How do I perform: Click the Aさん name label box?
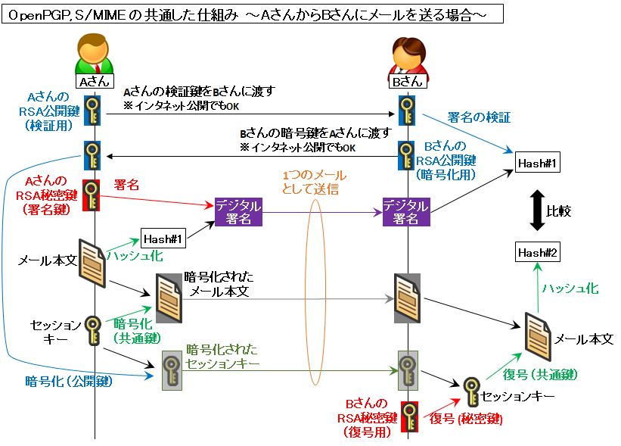click(95, 80)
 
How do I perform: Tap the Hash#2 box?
click(538, 253)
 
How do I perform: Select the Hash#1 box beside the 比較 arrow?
click(538, 163)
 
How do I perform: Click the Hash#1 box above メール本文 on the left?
click(163, 239)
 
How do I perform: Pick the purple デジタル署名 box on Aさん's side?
click(238, 212)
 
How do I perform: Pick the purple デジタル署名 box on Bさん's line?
click(405, 212)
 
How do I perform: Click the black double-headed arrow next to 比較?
click(535, 207)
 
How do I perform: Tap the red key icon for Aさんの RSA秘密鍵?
click(92, 195)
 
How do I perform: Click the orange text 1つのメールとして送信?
click(310, 182)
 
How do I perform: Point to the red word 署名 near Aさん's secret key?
click(126, 185)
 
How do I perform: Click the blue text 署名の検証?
click(479, 117)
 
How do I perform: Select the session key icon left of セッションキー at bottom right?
click(471, 391)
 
